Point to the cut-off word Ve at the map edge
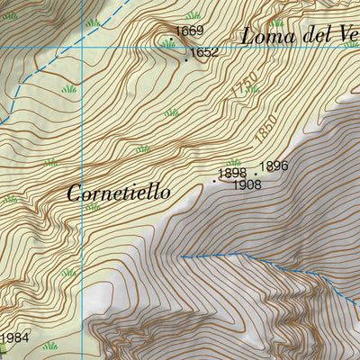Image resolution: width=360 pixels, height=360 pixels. tap(347, 36)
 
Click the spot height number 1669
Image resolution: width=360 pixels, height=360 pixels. tap(189, 31)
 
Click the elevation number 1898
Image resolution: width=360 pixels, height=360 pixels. tap(232, 173)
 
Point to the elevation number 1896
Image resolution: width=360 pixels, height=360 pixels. tap(274, 166)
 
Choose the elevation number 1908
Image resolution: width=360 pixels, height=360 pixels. tap(247, 185)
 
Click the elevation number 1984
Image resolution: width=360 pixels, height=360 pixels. tap(14, 338)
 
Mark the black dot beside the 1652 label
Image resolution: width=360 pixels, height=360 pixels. tap(186, 60)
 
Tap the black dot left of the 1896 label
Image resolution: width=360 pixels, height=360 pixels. tap(256, 174)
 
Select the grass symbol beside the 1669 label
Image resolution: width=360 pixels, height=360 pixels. tap(168, 42)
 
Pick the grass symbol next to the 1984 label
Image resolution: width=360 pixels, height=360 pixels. tap(49, 345)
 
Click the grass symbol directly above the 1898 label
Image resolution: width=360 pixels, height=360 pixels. tap(234, 162)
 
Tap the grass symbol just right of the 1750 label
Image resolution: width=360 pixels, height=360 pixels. tap(253, 89)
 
